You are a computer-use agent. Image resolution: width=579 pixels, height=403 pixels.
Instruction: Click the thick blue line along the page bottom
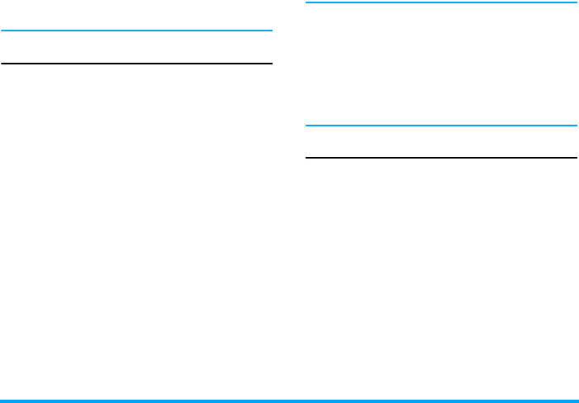coord(289,401)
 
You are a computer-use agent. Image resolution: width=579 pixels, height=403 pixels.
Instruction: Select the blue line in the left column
coord(136,31)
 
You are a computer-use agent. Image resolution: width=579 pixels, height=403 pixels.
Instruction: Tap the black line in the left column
coord(136,63)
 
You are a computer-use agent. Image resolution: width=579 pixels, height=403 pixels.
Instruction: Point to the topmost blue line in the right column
coord(441,2)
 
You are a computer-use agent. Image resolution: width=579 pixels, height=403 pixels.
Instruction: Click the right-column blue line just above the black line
coord(441,126)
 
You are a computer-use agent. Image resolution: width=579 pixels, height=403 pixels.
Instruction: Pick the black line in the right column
coord(441,157)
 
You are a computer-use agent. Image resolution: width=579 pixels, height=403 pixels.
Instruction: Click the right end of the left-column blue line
coord(271,31)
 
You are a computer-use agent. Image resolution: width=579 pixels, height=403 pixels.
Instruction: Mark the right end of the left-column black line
coord(271,63)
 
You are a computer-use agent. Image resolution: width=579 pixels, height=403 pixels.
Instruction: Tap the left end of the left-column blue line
coord(2,31)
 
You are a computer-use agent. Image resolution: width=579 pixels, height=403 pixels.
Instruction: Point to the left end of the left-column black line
coord(2,63)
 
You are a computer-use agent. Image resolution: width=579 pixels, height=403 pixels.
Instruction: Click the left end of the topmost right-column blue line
coord(307,2)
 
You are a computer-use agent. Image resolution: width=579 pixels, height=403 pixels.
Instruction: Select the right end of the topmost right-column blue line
coord(575,2)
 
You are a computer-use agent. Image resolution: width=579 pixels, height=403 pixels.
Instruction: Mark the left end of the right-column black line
coord(307,157)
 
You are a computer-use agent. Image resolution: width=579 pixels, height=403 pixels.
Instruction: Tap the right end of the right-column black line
coord(575,157)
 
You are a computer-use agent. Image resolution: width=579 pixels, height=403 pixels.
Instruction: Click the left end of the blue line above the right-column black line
coord(307,126)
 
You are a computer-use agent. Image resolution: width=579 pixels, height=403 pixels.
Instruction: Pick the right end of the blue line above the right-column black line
coord(575,126)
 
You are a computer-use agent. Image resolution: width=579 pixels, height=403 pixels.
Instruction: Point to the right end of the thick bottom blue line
coord(577,401)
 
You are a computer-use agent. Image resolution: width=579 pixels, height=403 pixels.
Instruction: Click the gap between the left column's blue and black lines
coord(136,47)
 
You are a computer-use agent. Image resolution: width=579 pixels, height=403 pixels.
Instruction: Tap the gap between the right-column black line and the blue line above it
coord(441,141)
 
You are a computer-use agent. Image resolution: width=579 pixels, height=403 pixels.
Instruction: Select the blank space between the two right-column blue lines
coord(441,64)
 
